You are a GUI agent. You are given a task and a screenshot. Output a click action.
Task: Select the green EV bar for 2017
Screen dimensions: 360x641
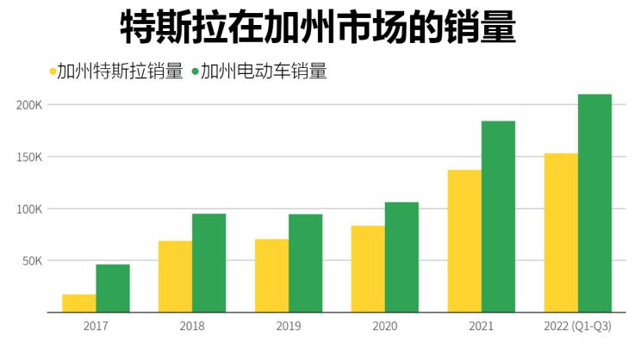coord(113,289)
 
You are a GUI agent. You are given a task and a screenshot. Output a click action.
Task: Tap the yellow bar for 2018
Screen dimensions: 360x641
coord(175,276)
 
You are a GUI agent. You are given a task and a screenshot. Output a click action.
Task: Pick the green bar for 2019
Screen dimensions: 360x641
coord(305,264)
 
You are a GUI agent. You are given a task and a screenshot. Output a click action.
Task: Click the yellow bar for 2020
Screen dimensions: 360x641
coord(368,269)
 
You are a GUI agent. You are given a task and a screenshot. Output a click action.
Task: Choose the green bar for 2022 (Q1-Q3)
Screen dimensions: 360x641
coord(594,203)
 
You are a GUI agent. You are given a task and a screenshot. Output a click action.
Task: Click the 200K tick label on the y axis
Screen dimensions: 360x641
coord(29,105)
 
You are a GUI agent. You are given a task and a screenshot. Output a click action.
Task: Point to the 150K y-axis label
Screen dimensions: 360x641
coord(29,157)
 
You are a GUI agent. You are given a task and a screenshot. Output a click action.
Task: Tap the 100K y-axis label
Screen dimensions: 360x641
coord(29,209)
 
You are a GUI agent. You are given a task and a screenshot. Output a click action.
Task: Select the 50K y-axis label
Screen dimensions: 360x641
coord(32,261)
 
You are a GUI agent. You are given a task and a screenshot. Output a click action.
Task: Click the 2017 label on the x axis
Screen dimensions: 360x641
coord(96,326)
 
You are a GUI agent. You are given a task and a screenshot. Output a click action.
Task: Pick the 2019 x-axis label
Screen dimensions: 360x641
coord(288,326)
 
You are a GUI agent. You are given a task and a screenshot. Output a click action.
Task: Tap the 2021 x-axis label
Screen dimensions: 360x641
coord(481,326)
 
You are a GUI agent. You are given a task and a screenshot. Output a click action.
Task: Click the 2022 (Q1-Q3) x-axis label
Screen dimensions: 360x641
coord(578,326)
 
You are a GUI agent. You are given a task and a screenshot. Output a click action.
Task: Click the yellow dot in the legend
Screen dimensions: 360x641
coord(53,71)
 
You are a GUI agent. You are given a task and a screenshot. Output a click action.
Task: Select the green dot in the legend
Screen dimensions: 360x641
coord(196,71)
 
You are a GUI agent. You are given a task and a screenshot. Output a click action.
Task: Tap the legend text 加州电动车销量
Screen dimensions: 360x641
coord(264,71)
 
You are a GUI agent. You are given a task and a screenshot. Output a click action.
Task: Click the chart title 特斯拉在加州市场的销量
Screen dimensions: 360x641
coord(318,27)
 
